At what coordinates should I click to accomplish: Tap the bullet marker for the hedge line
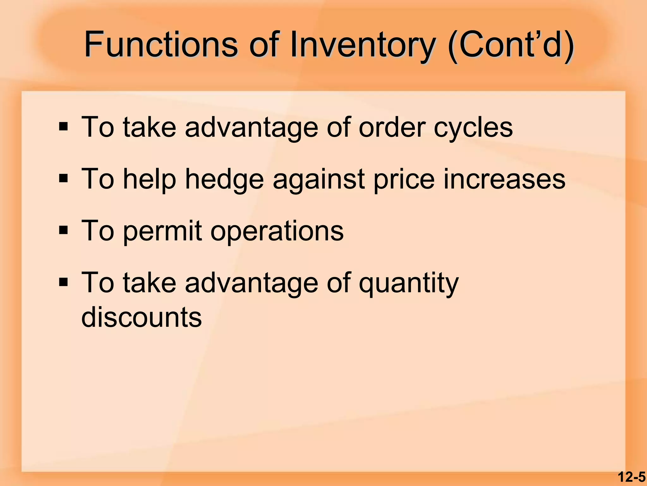63,179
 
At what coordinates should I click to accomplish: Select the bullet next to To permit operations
63,230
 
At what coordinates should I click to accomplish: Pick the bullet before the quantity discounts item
63,282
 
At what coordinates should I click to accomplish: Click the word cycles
473,128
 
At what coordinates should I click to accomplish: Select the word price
404,180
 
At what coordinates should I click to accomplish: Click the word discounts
142,317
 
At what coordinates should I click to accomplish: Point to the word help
149,180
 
